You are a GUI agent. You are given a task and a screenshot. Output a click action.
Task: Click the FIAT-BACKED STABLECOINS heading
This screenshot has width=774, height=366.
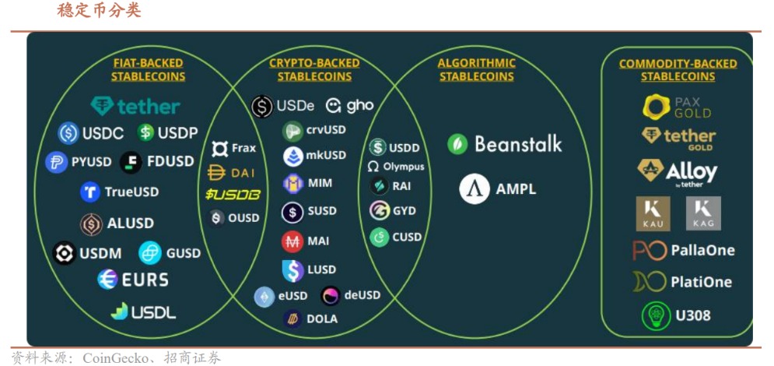point(148,69)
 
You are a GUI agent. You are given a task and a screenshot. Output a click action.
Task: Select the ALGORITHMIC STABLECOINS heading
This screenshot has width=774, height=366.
point(476,69)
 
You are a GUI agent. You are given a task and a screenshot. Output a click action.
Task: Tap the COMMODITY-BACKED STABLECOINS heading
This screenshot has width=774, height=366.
point(678,70)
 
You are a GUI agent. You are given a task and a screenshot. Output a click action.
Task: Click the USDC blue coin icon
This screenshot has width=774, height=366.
point(69,133)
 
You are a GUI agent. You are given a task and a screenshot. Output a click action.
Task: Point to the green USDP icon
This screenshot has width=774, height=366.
point(145,133)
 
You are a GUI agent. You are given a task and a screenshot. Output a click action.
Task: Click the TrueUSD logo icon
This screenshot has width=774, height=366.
point(90,192)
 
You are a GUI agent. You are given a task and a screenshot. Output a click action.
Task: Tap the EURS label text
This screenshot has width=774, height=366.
point(144,279)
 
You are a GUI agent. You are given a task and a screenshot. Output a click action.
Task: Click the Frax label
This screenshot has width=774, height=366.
point(243,148)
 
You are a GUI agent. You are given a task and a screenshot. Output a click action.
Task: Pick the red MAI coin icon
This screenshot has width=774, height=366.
point(292,241)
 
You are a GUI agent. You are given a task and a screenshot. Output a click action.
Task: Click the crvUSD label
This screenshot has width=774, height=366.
point(326,130)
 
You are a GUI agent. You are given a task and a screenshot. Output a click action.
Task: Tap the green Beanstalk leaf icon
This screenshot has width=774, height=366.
point(457,144)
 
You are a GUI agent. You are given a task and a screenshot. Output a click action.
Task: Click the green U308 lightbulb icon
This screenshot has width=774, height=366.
point(656,316)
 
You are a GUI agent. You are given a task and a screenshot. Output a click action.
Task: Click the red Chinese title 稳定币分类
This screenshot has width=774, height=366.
point(100,11)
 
